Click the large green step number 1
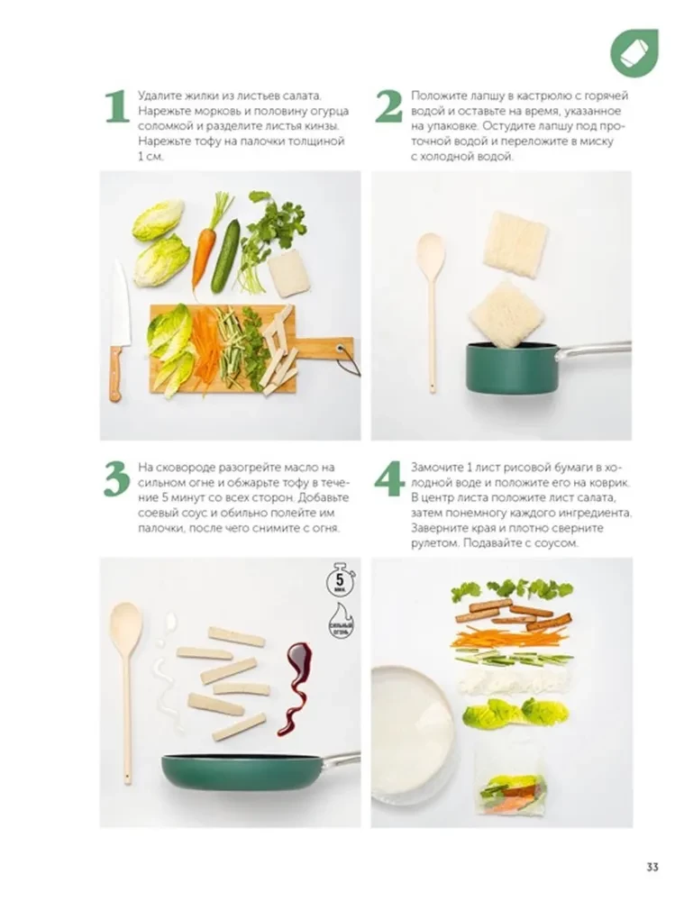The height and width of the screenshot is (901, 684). (115, 106)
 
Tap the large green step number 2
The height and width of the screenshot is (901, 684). (388, 106)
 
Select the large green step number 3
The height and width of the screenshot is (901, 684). (115, 479)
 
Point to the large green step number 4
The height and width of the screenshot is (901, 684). (389, 479)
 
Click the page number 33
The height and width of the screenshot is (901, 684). (653, 867)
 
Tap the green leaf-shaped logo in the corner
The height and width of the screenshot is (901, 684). (634, 52)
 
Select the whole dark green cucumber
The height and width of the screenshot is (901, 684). (225, 256)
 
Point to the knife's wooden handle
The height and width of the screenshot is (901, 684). (115, 372)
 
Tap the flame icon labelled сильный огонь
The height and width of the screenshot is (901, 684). (339, 623)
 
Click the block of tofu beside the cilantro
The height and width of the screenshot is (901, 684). (289, 272)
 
